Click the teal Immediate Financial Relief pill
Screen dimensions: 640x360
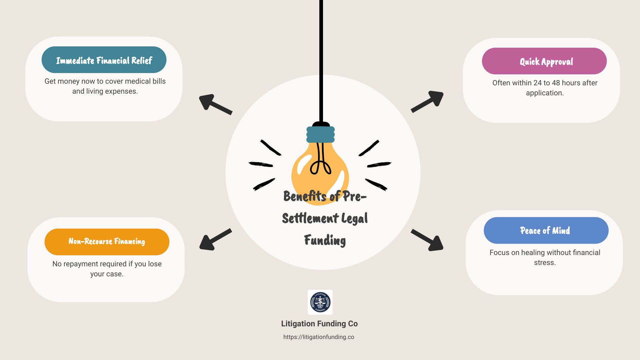pos(104,60)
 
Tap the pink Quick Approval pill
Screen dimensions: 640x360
pos(544,61)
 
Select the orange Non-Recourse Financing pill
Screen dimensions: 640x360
pos(107,242)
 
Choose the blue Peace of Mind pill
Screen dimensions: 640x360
pos(546,230)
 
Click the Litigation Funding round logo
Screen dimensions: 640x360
pos(320,302)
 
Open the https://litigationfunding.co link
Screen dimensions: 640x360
pos(319,337)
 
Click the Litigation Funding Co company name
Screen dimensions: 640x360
pos(319,324)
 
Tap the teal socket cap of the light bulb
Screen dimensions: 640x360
pos(320,134)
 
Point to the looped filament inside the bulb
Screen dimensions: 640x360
pos(321,165)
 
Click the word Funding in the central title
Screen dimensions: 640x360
pos(325,240)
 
